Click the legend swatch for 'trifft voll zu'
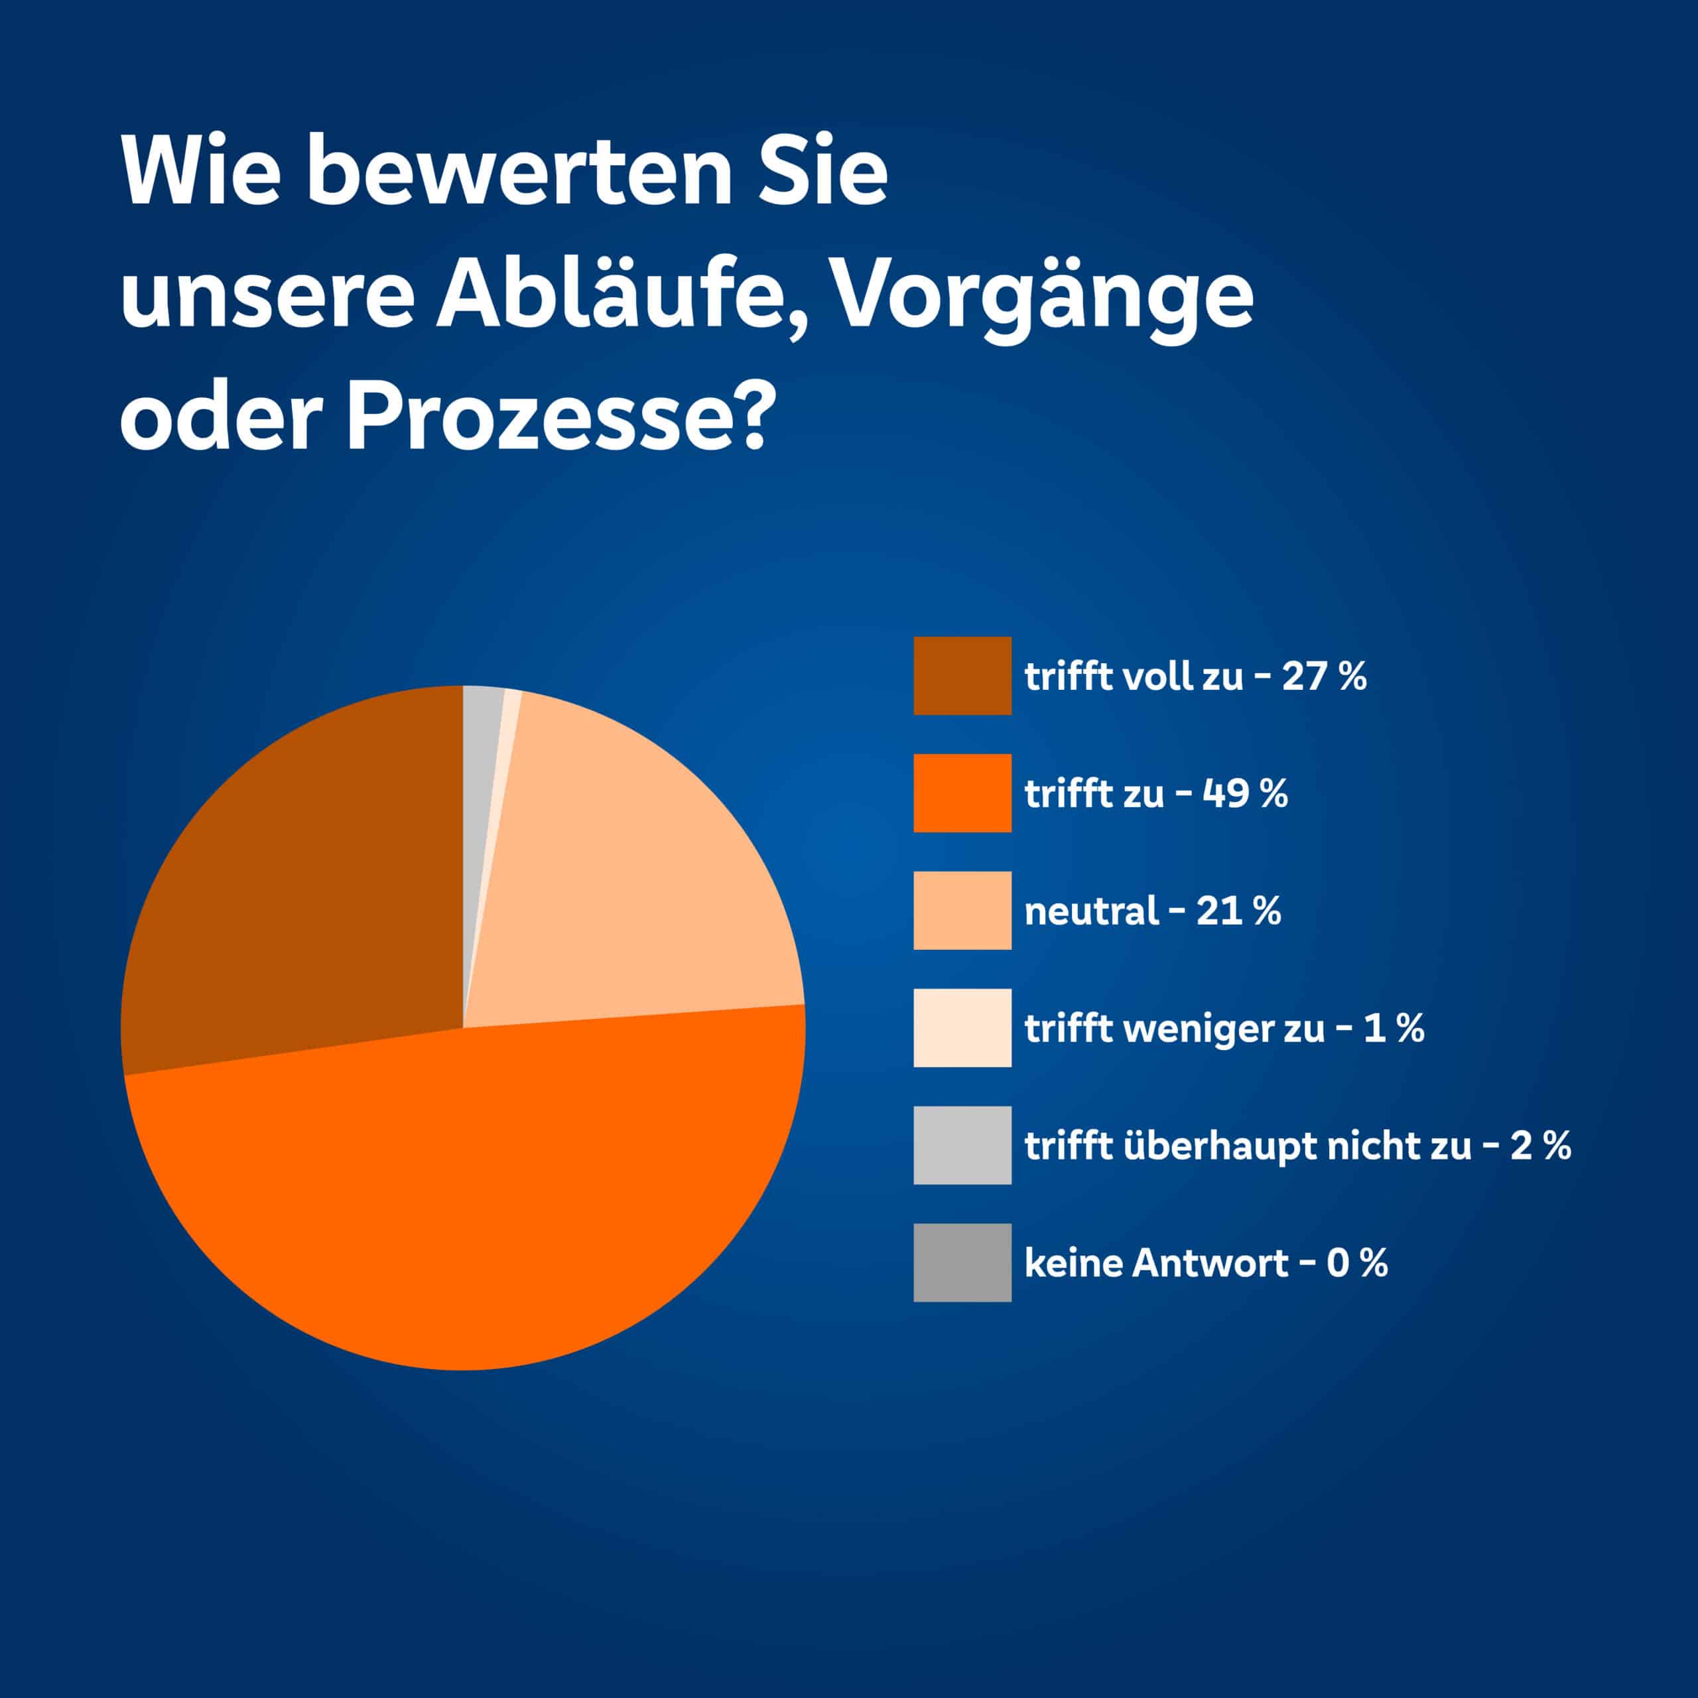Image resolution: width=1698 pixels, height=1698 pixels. (962, 676)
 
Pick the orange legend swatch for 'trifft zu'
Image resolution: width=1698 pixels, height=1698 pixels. (962, 793)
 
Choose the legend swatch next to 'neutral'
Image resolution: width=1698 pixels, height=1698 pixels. (962, 911)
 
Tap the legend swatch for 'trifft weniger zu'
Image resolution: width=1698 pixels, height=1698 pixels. (962, 1027)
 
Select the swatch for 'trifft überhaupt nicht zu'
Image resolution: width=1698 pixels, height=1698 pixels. (962, 1145)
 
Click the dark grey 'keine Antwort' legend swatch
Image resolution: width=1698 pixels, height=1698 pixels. (962, 1262)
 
